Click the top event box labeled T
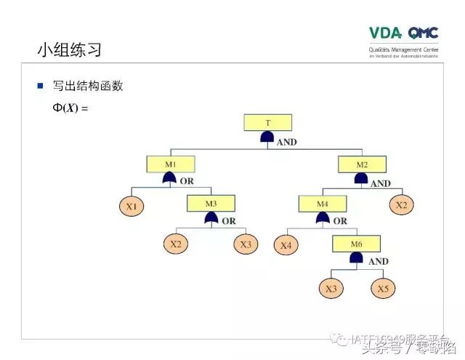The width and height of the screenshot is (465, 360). [x=268, y=122]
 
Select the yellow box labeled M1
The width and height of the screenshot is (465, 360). [x=169, y=164]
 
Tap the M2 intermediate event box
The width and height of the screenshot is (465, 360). [x=361, y=164]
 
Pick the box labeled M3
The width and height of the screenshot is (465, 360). [x=211, y=204]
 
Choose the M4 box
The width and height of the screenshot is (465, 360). [x=322, y=204]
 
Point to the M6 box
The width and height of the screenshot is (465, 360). [x=356, y=244]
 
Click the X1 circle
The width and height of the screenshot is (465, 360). [x=132, y=207]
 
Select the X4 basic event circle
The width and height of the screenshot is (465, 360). [x=286, y=245]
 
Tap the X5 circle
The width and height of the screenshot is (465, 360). [x=383, y=288]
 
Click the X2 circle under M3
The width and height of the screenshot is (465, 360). [x=175, y=244]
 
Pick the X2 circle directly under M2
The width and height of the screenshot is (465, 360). [x=401, y=205]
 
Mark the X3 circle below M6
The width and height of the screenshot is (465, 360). [x=331, y=288]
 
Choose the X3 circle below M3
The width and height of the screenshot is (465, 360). [x=246, y=244]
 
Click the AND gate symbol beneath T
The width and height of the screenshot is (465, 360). [x=268, y=138]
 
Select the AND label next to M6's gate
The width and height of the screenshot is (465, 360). [x=379, y=261]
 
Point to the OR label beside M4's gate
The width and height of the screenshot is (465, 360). [x=339, y=220]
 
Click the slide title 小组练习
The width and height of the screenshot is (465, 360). [x=69, y=50]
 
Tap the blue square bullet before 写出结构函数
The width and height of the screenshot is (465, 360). [x=41, y=86]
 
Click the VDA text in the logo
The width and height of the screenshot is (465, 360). [x=385, y=33]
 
